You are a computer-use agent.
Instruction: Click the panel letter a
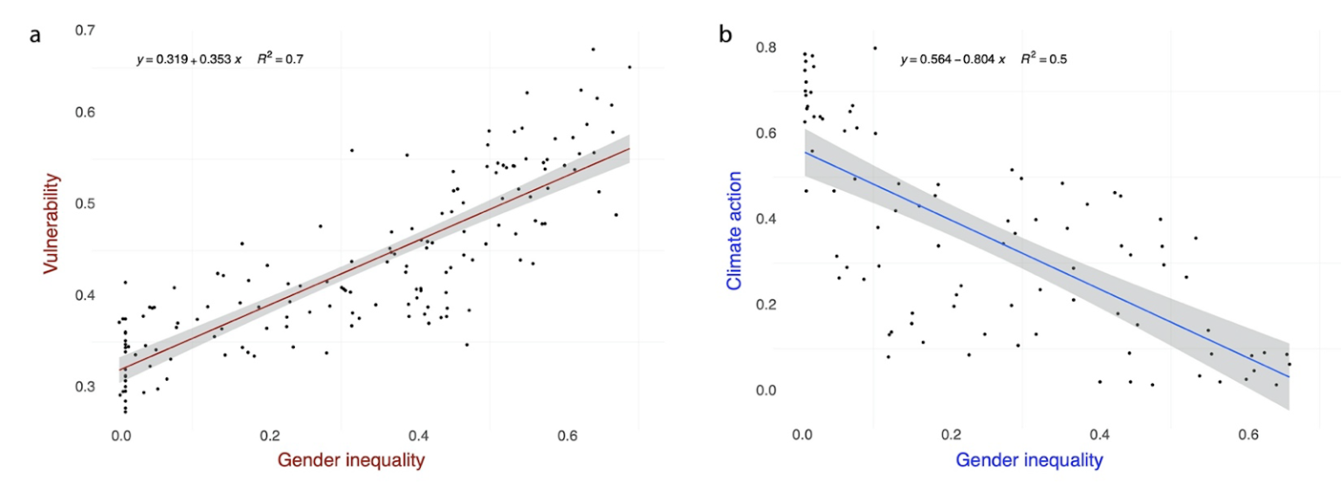coord(35,38)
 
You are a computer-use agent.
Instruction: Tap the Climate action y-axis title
coord(734,230)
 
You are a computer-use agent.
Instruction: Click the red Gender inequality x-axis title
coord(352,459)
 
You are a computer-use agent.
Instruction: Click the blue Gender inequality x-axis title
coord(1028,459)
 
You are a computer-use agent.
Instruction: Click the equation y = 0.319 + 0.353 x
coord(189,61)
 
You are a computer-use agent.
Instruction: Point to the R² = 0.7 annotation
coord(279,60)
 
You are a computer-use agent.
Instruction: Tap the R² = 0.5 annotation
coord(1043,59)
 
